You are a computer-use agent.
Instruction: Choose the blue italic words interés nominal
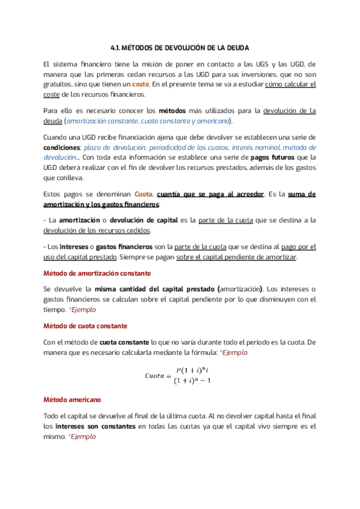click(243, 147)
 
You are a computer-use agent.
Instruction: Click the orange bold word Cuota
click(143, 194)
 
